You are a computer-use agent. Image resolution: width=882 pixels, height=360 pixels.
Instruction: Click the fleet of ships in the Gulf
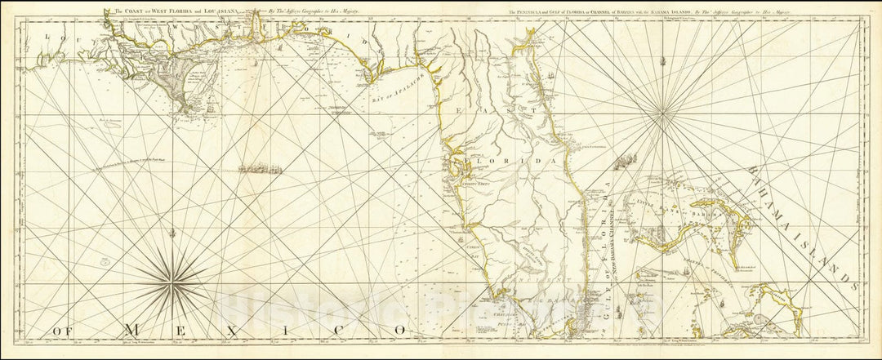click(260, 169)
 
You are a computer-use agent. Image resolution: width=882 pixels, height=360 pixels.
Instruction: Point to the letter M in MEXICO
click(131, 329)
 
